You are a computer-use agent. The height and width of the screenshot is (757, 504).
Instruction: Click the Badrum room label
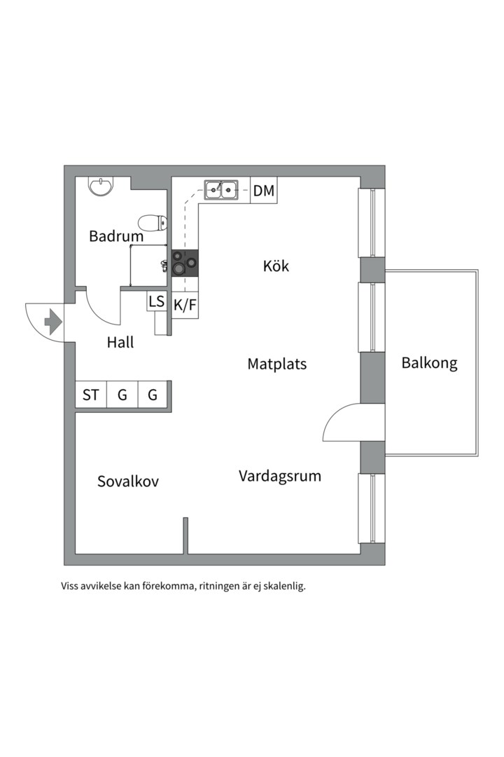point(116,236)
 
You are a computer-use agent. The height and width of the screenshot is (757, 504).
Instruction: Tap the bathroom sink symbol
point(101,186)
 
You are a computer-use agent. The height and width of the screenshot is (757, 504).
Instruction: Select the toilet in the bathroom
point(153,224)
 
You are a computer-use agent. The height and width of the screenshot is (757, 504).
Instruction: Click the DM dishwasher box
point(264,190)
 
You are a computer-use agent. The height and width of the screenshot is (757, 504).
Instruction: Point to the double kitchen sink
point(221,189)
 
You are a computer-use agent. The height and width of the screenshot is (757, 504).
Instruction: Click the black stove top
point(185,263)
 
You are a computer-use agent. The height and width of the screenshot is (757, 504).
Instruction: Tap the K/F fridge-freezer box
point(185,305)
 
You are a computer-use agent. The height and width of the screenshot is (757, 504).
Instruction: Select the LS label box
point(156,301)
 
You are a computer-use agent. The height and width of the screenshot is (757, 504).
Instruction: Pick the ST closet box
point(91,395)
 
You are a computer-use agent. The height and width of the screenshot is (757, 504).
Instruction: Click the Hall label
point(120,343)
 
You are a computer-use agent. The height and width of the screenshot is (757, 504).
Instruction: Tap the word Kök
point(276,266)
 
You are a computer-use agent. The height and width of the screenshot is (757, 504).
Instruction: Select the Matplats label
point(276,364)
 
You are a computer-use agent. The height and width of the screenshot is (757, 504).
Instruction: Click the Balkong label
point(429,363)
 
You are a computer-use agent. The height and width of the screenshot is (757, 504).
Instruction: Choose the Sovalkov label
point(128,482)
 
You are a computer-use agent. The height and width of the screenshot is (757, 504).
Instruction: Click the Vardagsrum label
point(280,476)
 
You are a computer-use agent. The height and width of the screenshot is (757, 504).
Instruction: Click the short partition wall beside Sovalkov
point(185,536)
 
